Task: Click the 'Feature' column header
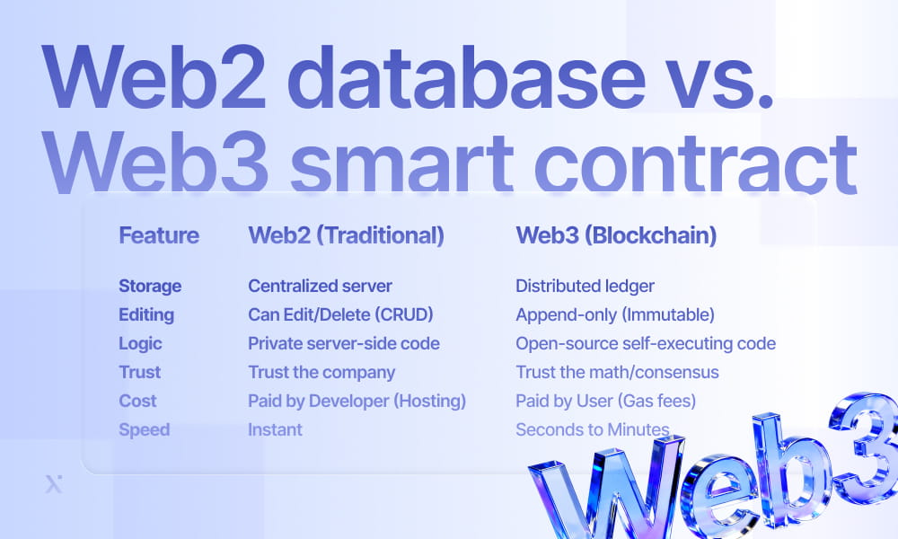click(159, 235)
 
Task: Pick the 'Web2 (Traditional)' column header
click(346, 235)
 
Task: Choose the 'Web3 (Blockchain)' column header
click(615, 235)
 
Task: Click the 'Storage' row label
click(150, 286)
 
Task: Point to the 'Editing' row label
click(146, 314)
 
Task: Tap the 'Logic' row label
click(140, 343)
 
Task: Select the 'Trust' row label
click(139, 372)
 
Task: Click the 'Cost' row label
click(137, 401)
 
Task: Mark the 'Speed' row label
click(144, 429)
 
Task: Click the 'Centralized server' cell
click(320, 286)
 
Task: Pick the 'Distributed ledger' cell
click(585, 286)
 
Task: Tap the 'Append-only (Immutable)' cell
click(614, 314)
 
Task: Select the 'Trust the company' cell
click(321, 372)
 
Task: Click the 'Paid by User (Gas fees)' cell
click(606, 401)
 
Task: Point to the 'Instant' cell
click(275, 429)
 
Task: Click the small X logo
click(53, 485)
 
